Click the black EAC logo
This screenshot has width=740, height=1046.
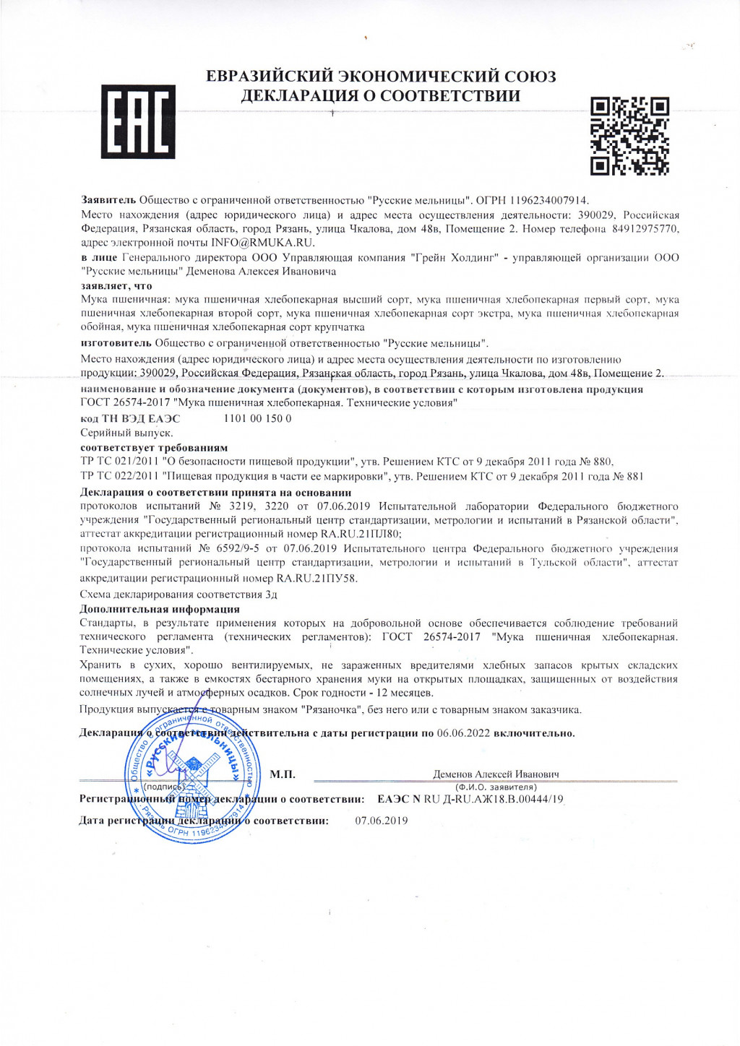tap(138, 121)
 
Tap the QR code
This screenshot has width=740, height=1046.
tap(629, 136)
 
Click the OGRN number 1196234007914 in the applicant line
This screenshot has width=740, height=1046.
tap(548, 200)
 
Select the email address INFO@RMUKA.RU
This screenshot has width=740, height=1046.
tap(262, 243)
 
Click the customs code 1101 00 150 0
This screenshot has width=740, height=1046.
tap(258, 418)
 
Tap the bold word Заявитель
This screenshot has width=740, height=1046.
tap(108, 200)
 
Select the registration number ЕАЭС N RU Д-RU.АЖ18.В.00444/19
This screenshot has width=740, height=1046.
tap(470, 799)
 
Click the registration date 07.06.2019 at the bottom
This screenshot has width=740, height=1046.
tap(382, 821)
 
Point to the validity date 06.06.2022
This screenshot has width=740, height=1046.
tap(463, 733)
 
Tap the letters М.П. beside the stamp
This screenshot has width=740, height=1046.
tap(282, 775)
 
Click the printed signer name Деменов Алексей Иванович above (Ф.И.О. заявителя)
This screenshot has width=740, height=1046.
tap(496, 774)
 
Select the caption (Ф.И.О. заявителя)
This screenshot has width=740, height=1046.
tap(496, 787)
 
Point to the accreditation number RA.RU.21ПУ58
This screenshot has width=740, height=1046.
tap(317, 578)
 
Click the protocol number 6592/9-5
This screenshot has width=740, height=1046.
tap(236, 548)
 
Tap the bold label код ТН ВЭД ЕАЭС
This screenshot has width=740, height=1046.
tap(130, 418)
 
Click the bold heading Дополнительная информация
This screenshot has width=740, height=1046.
tap(160, 609)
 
